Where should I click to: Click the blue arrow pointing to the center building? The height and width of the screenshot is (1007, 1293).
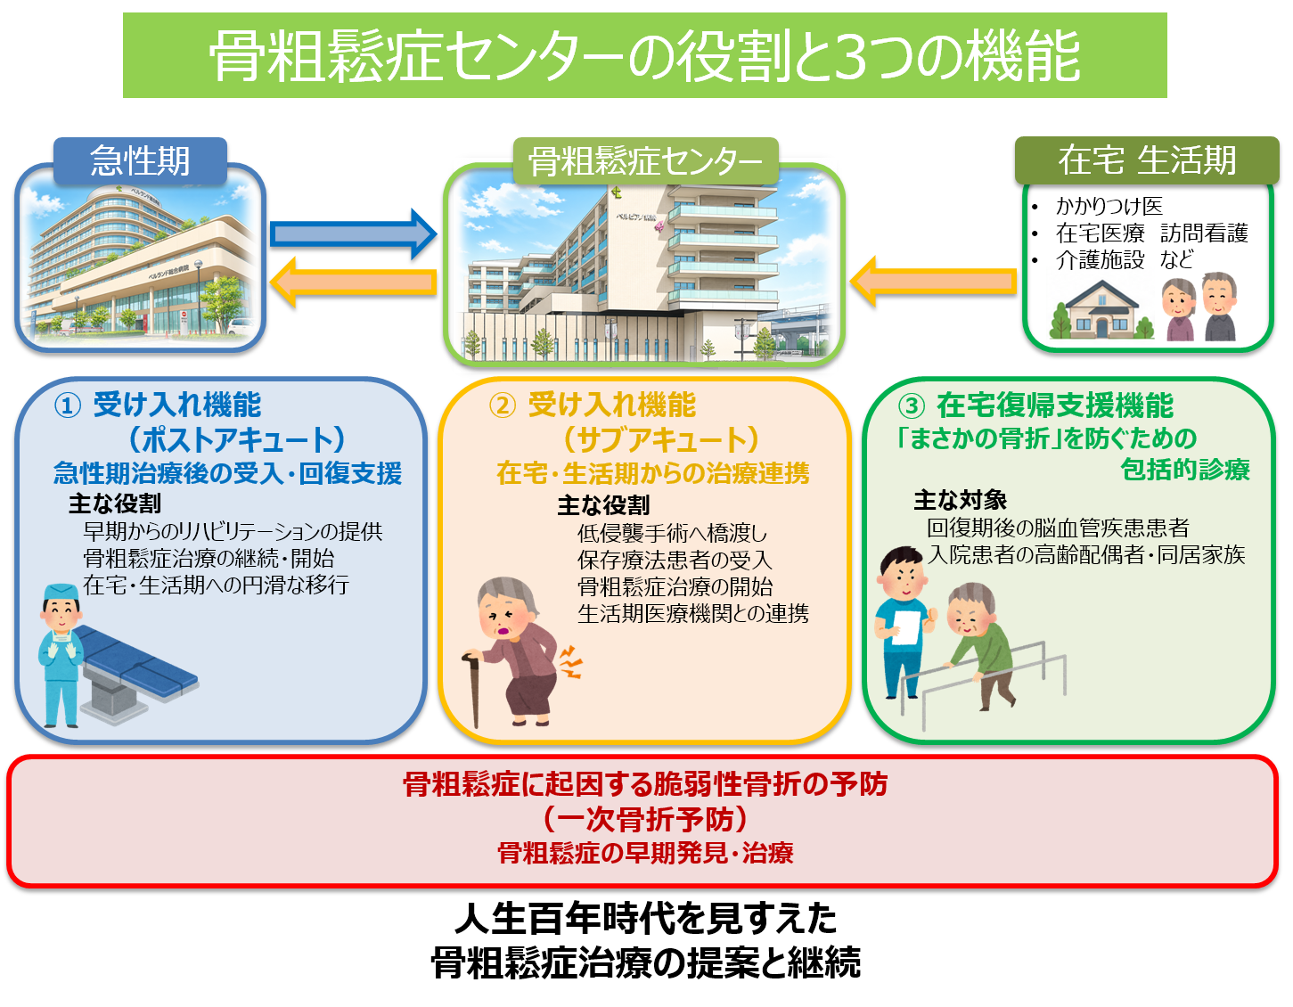tap(354, 234)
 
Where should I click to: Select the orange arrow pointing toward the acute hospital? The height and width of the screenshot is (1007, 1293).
tap(354, 282)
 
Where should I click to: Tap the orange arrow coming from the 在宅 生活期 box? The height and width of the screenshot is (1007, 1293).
tap(934, 282)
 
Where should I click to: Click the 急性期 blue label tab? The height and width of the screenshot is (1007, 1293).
tap(141, 160)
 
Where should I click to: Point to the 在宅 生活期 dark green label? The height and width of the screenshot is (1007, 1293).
tap(1147, 160)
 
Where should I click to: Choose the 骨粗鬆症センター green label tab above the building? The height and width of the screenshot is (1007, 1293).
tap(645, 160)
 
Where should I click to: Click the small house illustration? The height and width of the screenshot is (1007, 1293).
tap(1101, 310)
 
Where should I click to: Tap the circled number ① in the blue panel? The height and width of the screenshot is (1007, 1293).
tap(67, 406)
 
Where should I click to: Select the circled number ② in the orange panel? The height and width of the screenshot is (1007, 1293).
tap(503, 406)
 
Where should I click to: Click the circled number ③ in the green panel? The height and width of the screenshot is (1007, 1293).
tap(911, 406)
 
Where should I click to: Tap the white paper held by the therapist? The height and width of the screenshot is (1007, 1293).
tap(905, 627)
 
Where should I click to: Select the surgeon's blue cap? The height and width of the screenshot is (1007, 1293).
tap(61, 592)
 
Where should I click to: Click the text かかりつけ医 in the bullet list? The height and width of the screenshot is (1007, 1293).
tap(1109, 207)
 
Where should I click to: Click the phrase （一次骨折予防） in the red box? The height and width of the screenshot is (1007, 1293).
tap(645, 820)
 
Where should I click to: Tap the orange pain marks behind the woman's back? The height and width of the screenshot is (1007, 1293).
tap(570, 662)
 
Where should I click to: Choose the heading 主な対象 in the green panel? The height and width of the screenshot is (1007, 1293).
tap(960, 500)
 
